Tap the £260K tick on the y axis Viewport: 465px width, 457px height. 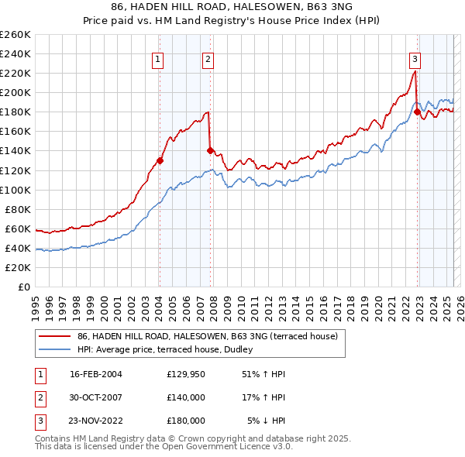[x=15, y=35]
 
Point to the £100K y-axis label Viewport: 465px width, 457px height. [x=15, y=190]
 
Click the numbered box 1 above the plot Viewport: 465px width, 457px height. [x=158, y=59]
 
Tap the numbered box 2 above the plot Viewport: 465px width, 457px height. [x=208, y=59]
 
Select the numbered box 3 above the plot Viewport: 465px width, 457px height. [x=415, y=59]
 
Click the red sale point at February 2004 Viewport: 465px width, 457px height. [x=160, y=161]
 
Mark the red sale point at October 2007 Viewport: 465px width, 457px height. [x=210, y=151]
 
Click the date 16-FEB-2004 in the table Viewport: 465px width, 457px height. [x=96, y=374]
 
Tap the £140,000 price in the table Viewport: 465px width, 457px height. [x=186, y=397]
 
